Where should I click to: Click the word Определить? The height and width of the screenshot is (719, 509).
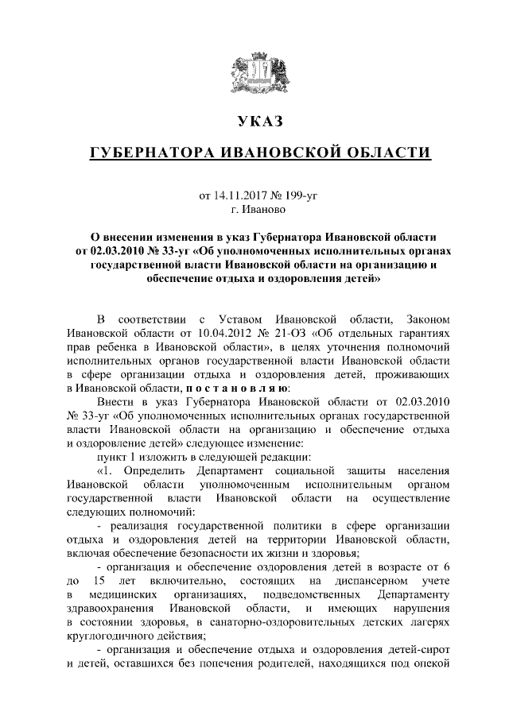tap(144, 471)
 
